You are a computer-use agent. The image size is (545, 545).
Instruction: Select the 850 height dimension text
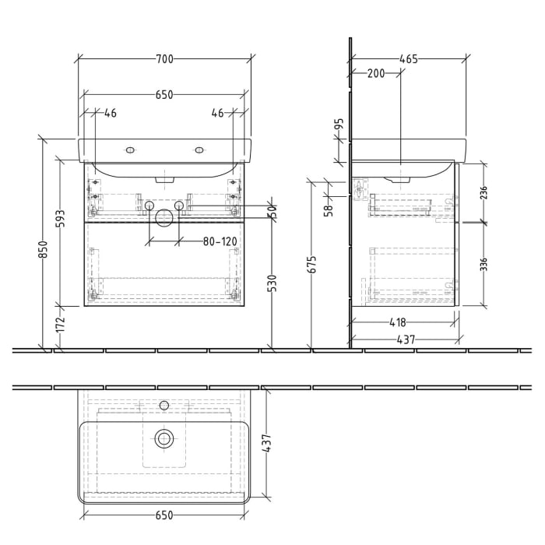tap(44, 248)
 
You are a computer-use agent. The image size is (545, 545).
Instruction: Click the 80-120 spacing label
tap(220, 242)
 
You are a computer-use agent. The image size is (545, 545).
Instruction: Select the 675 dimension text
tap(312, 265)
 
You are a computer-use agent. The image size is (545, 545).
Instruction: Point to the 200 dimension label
tap(376, 73)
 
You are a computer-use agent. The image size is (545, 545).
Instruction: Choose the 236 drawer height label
tap(483, 192)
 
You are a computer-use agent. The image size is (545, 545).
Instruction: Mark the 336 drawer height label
tap(483, 264)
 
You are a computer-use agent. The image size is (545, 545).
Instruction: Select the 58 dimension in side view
tap(329, 208)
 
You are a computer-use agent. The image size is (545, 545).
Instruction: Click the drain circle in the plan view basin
tap(164, 438)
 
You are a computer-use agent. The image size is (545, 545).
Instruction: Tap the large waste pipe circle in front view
tap(164, 218)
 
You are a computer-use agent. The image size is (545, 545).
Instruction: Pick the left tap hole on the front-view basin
tap(129, 149)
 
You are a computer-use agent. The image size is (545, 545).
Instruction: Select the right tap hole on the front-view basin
tap(200, 149)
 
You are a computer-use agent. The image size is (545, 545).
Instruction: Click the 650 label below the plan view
tap(164, 515)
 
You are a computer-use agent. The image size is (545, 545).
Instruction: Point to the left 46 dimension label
tap(110, 114)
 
